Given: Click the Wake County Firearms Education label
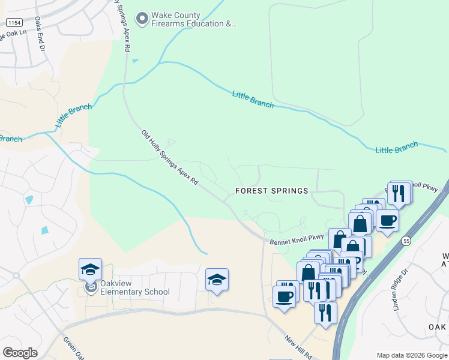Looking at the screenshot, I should tap(185, 20).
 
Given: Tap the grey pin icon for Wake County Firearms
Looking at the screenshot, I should tap(142, 19).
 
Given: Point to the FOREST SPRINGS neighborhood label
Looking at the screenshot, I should tap(271, 191).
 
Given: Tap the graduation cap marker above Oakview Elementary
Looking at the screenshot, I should tap(90, 269).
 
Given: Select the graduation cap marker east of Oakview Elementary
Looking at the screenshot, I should tap(217, 280).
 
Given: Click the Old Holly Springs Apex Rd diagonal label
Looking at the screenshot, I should tap(169, 157).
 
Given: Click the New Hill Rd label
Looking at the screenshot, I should tap(298, 347).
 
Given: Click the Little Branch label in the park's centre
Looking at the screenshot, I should tap(253, 100).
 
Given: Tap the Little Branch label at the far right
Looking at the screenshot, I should tap(396, 148).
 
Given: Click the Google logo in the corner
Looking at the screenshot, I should tap(20, 353).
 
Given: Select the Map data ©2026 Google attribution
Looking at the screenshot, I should tap(411, 355).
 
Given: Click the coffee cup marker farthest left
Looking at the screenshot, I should tap(284, 296).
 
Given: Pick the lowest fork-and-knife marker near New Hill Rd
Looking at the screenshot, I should tap(325, 312).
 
